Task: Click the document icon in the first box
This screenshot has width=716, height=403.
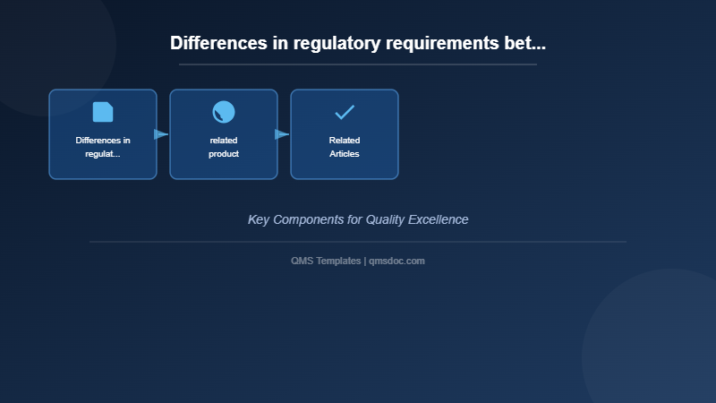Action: click(x=103, y=112)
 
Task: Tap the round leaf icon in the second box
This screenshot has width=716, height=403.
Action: click(x=224, y=112)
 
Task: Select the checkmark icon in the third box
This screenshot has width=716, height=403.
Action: click(x=345, y=112)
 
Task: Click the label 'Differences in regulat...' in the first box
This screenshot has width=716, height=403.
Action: click(x=103, y=147)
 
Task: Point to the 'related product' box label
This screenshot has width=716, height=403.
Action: click(x=224, y=147)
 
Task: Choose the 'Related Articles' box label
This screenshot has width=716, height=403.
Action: click(x=345, y=147)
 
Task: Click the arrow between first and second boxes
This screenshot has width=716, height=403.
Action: click(x=161, y=134)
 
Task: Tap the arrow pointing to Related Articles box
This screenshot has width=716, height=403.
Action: click(x=282, y=134)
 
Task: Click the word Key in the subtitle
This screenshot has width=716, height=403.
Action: click(x=259, y=219)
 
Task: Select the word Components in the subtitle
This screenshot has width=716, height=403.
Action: click(x=308, y=219)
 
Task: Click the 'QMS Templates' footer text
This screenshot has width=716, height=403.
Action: click(x=326, y=261)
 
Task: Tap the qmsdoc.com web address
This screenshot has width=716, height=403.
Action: click(x=396, y=261)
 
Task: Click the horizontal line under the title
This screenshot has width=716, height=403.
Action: click(x=358, y=64)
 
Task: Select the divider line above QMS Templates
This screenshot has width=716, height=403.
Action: click(x=358, y=242)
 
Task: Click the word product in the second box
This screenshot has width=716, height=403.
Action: click(x=224, y=154)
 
